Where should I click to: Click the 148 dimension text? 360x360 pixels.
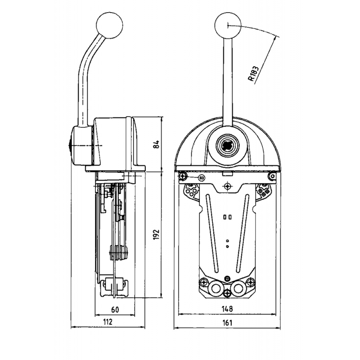[227, 309]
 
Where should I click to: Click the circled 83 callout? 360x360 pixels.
[201, 178]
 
